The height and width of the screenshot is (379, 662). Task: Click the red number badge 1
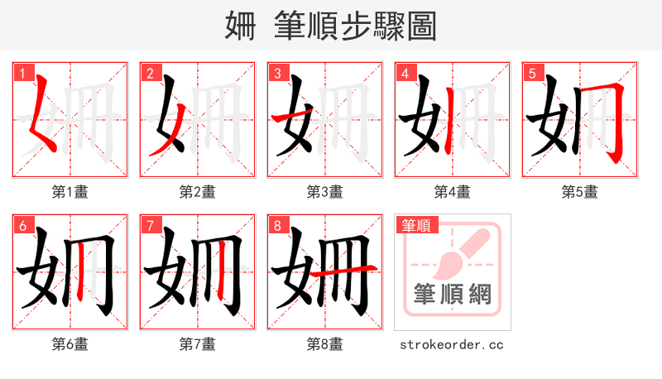pos(22,73)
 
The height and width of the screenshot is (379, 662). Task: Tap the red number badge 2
pos(150,73)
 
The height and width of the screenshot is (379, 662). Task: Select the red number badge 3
pos(277,73)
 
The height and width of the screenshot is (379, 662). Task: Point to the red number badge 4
pos(405,73)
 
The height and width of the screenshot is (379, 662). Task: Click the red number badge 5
pos(532,73)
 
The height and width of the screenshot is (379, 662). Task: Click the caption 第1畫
pos(70,192)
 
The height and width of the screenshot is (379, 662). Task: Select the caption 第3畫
pos(325,192)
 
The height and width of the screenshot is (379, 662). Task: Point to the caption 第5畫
pos(580,192)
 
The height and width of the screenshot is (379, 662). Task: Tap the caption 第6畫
pos(70,344)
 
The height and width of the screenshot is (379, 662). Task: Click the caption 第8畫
pos(325,344)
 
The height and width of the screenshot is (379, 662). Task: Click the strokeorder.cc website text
pos(452,344)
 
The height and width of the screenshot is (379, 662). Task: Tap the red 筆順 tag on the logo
pos(416,225)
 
